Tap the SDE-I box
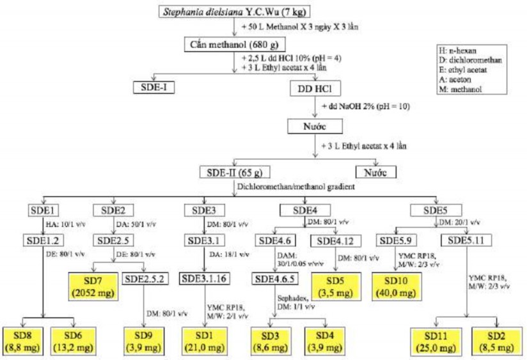pos(154,88)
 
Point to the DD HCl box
pos(314,88)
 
